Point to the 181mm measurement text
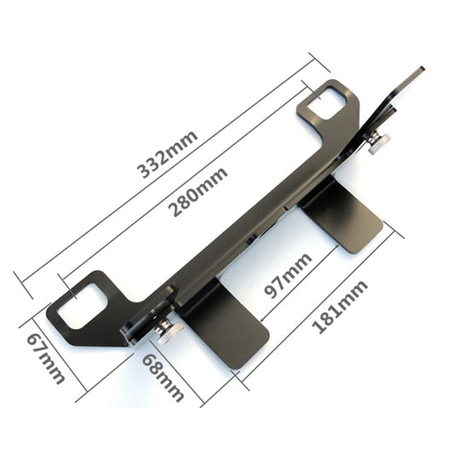tap(340, 307)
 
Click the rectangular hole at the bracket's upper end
tap(327, 104)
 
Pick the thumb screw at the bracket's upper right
tap(378, 144)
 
